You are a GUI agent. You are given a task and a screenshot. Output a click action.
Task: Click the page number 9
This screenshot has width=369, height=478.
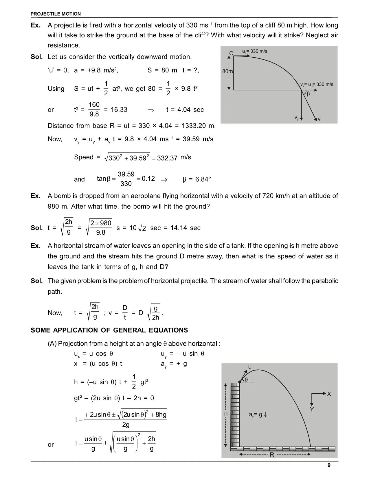tap(329, 465)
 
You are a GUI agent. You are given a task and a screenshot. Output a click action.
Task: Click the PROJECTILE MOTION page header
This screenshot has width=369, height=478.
tap(56, 14)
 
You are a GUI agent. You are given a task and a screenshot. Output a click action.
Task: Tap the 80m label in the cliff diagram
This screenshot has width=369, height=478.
tap(227, 71)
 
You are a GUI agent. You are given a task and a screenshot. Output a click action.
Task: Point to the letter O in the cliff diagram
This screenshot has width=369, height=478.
tap(231, 53)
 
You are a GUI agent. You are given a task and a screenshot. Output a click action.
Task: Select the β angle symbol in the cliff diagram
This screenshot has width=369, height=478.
tap(308, 94)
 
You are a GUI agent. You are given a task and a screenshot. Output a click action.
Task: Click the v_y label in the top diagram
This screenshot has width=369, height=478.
tap(297, 118)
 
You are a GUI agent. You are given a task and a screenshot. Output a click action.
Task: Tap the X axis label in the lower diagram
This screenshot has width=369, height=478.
tap(329, 394)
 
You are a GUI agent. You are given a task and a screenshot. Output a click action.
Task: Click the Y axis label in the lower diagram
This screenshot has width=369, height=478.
tap(312, 409)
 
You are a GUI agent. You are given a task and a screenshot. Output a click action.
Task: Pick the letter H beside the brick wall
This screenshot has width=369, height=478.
tap(225, 415)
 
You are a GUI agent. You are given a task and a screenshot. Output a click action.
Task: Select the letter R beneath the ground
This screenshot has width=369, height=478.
tap(272, 455)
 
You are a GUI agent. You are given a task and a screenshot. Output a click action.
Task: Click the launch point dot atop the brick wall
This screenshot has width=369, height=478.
tap(240, 382)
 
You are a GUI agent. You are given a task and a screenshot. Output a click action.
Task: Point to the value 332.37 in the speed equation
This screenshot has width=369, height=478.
tap(167, 158)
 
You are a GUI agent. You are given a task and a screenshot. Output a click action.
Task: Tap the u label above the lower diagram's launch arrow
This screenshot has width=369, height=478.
tap(250, 367)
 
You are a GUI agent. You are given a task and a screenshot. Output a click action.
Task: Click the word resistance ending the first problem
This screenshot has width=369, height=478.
tap(63, 45)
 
